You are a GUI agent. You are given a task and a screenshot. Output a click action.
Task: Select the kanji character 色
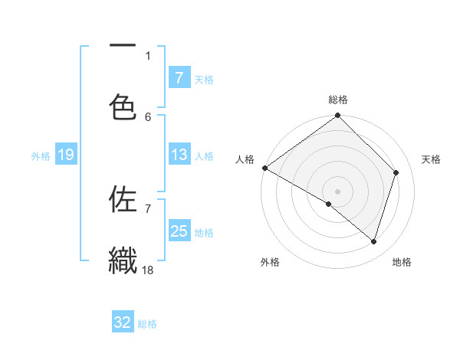123,107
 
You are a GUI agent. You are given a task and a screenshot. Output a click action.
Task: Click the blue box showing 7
179,78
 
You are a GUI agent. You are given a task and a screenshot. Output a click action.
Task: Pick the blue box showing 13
179,155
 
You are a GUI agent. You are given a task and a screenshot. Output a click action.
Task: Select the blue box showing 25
179,231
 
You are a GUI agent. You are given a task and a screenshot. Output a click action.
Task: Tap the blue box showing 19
66,155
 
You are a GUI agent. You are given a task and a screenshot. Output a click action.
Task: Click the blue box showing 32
123,322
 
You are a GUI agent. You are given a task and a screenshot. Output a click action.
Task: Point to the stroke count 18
149,269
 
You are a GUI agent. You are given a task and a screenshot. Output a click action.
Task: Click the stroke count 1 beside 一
148,55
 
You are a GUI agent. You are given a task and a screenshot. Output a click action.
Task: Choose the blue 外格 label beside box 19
41,156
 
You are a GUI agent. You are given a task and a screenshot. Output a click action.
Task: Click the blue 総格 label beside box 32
147,324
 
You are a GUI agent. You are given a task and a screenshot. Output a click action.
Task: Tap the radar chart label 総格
338,100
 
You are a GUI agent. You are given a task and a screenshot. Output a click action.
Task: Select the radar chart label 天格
432,159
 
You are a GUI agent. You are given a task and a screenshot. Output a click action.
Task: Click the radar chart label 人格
245,159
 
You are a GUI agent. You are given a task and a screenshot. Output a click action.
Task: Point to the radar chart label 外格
269,262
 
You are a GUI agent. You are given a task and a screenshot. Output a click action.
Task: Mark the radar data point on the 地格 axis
374,242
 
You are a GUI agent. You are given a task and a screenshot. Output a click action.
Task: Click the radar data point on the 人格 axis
264,168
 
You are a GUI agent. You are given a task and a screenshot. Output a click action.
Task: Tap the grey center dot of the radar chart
338,191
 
